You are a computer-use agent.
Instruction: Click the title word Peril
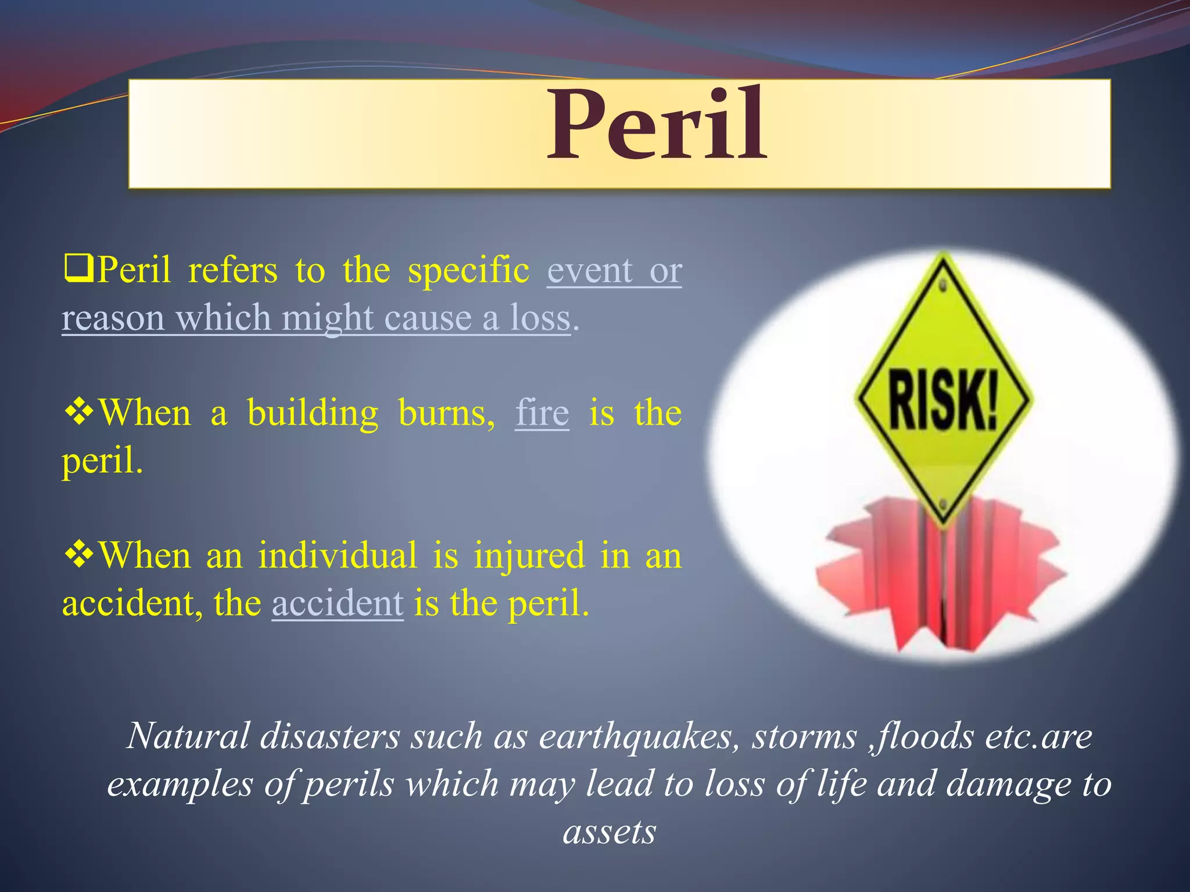click(x=657, y=125)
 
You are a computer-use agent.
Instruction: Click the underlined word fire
click(x=542, y=413)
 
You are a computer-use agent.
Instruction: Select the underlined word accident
click(x=337, y=603)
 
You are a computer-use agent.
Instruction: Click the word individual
click(x=338, y=555)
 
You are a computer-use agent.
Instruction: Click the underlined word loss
click(x=540, y=318)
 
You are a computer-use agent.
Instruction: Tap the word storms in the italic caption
click(x=805, y=737)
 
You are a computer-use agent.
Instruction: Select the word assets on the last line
click(x=610, y=832)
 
